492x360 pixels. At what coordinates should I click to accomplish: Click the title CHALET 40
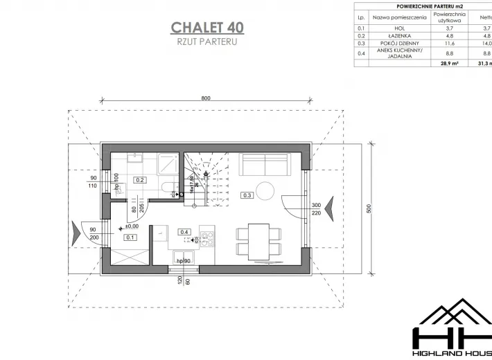point(207,28)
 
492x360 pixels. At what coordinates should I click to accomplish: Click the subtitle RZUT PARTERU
point(207,42)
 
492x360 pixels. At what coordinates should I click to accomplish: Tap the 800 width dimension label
point(206,98)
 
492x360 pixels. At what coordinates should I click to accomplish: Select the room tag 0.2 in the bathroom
point(139,180)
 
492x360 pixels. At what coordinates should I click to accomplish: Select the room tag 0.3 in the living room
point(247,195)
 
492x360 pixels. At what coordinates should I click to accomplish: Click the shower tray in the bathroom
point(166,163)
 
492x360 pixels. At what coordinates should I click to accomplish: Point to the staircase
point(204,179)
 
